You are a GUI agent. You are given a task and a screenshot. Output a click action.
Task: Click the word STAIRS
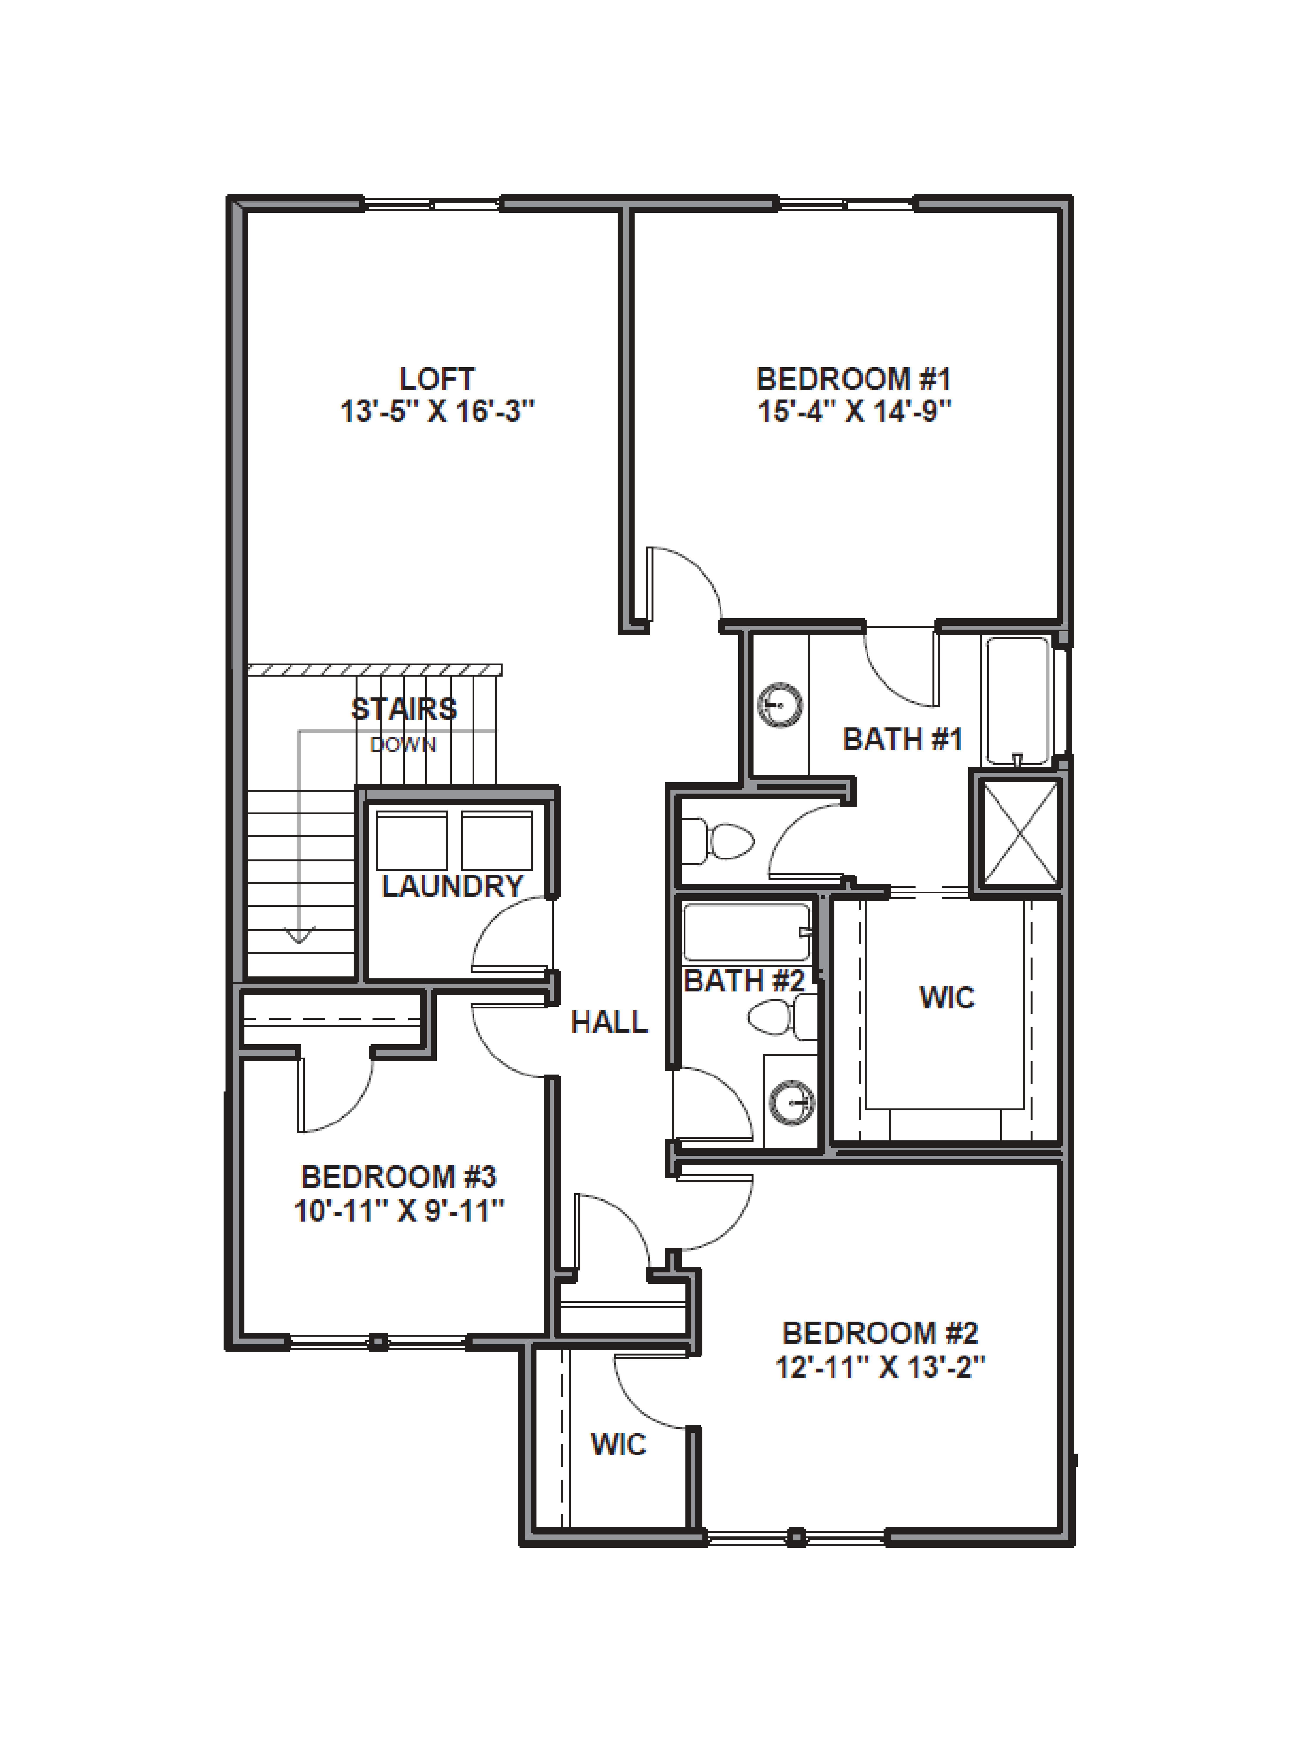pyautogui.click(x=404, y=710)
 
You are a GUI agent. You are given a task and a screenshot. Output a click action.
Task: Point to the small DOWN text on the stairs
pyautogui.click(x=403, y=744)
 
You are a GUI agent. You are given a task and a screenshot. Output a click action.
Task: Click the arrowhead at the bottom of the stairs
pyautogui.click(x=299, y=936)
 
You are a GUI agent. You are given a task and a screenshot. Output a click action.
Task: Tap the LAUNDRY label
pyautogui.click(x=452, y=886)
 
